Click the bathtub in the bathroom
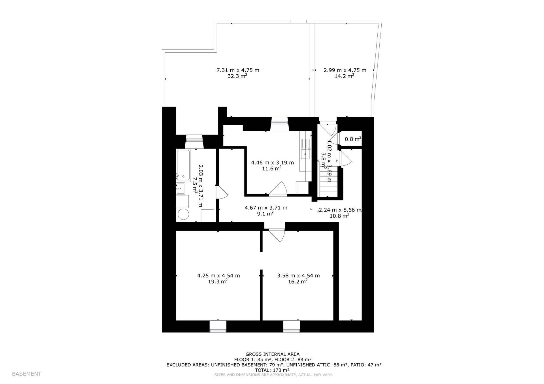point(183,165)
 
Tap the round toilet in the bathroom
point(183,214)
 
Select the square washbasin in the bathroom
point(180,188)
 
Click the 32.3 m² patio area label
point(237,76)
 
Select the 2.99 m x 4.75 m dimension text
point(345,70)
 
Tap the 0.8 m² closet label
point(353,139)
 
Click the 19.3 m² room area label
point(218,281)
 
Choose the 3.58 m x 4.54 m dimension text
point(298,275)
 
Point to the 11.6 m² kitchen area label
point(272,169)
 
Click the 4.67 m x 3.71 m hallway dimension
point(266,208)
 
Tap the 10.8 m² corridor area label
point(339,216)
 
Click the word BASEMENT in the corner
point(27,374)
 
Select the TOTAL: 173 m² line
point(272,370)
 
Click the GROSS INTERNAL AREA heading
point(272,354)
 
